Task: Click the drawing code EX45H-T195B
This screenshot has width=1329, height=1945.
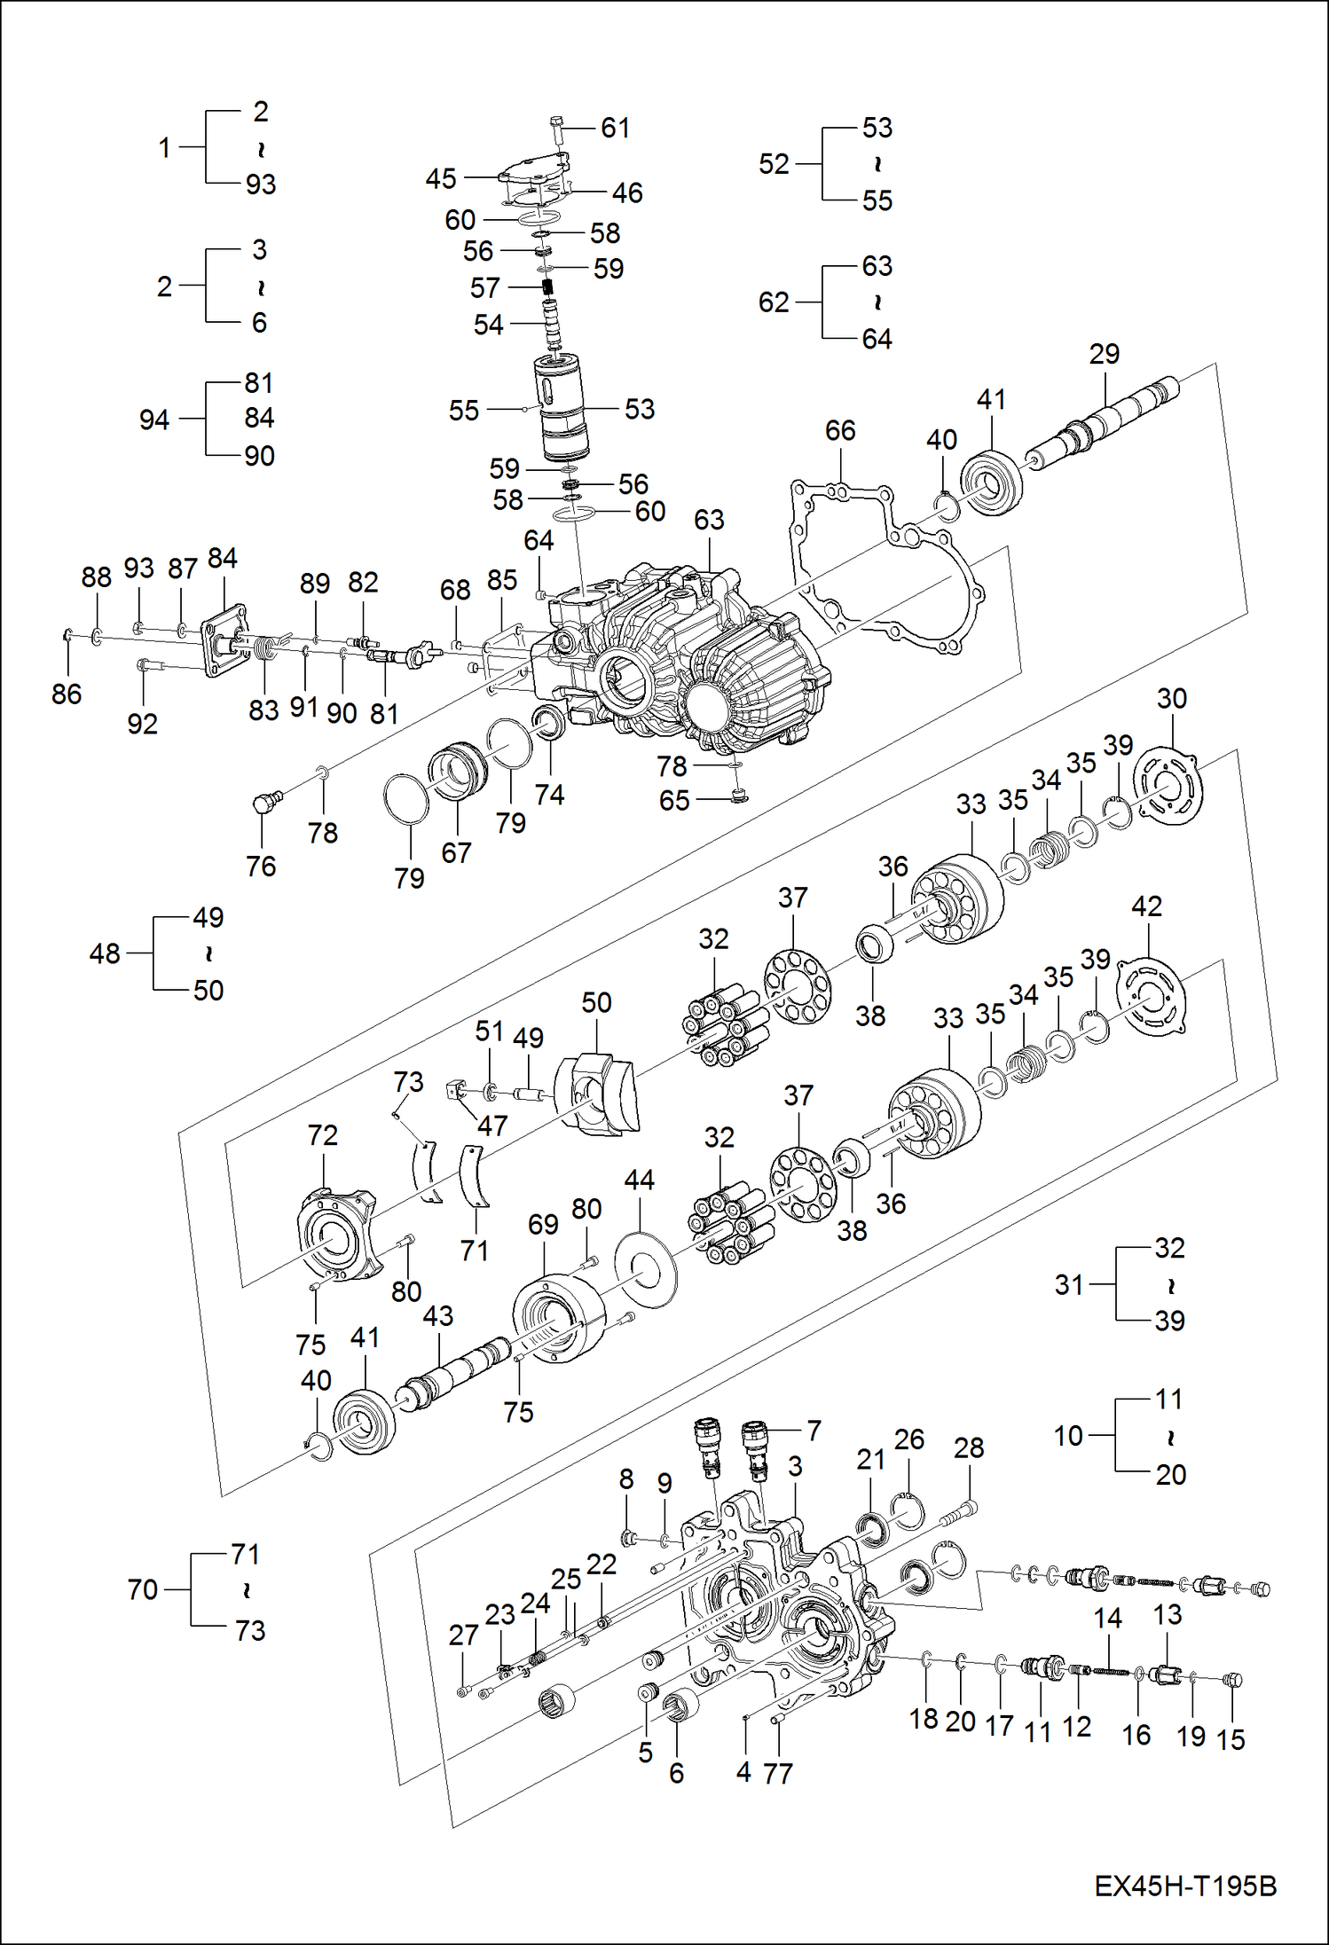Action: pos(1184,1885)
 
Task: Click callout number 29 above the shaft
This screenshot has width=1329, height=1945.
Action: pos(1104,354)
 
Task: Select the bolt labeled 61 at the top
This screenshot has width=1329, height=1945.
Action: pos(556,129)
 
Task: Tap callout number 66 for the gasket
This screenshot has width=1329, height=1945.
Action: pos(839,431)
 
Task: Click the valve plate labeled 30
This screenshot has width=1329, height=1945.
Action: pos(1169,785)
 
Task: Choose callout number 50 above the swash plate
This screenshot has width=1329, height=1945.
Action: pos(596,1003)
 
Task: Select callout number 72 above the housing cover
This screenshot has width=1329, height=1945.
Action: pos(322,1135)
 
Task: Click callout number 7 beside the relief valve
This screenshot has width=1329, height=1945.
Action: pos(814,1430)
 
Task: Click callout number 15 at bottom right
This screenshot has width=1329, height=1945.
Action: pos(1230,1739)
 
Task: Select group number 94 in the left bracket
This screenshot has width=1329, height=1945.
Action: pos(153,420)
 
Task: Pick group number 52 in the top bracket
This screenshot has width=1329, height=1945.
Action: pos(774,164)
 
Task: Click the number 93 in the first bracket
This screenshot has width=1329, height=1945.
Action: pos(261,184)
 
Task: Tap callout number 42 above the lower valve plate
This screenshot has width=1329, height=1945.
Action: pos(1146,906)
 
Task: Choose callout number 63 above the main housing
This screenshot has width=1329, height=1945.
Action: pos(709,520)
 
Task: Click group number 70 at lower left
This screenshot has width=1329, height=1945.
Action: pos(142,1589)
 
